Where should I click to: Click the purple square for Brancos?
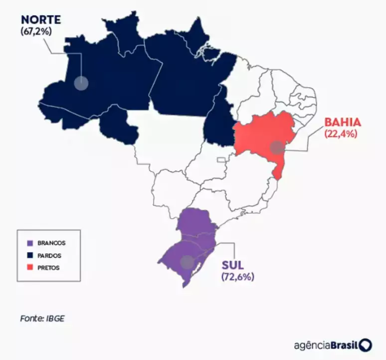[30, 243]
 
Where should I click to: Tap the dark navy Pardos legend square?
[30, 255]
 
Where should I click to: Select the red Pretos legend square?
[30, 267]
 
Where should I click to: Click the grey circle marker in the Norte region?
[80, 83]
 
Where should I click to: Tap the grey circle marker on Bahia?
[277, 147]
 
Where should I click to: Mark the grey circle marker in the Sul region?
[187, 262]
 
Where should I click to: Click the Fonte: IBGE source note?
[42, 317]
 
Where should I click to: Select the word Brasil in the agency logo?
[344, 345]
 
